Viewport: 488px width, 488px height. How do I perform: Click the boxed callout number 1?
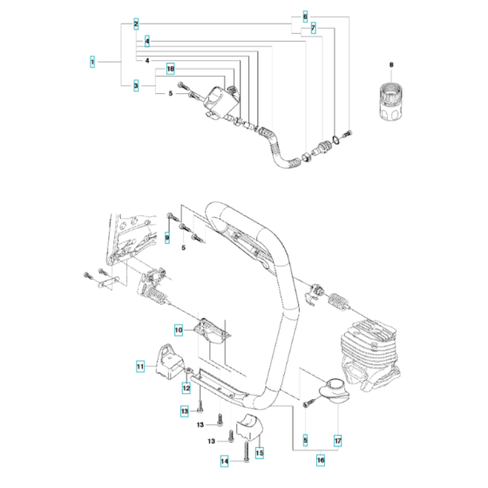[x=92, y=62]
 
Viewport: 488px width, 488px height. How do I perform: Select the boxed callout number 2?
[x=136, y=24]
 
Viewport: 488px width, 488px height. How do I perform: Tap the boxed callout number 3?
[x=136, y=85]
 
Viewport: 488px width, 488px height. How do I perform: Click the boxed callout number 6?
[x=305, y=17]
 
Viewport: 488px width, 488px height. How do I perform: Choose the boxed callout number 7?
[x=313, y=30]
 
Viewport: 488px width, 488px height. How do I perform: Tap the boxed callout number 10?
[x=178, y=330]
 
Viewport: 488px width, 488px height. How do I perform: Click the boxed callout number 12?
[x=186, y=388]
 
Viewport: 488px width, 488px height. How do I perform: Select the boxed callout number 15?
[x=259, y=454]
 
